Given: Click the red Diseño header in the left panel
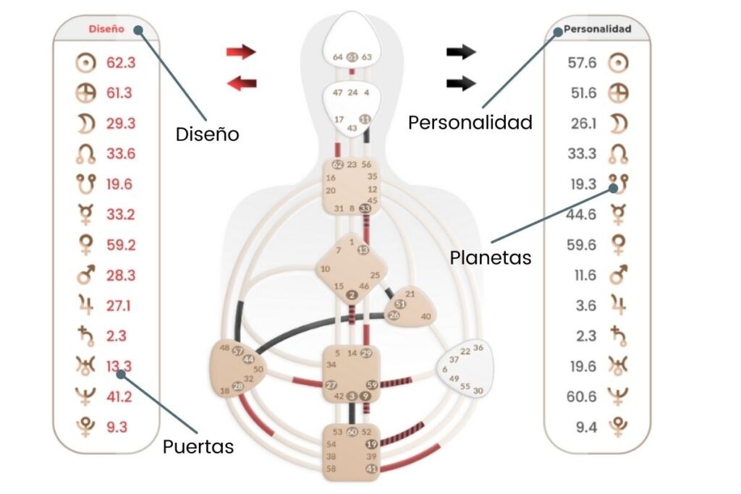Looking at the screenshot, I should click(106, 30).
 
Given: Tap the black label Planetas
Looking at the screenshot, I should click(491, 257).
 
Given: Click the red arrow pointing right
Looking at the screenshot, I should click(241, 51).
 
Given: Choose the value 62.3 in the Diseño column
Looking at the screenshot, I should click(121, 63).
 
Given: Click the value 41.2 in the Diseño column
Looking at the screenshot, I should click(120, 396).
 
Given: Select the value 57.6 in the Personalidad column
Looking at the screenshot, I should click(582, 63).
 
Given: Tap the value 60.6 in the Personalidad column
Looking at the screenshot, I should click(583, 396).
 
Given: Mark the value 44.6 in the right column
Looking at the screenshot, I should click(582, 215).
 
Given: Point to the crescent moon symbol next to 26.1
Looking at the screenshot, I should click(618, 124).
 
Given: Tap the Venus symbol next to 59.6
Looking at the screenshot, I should click(618, 245).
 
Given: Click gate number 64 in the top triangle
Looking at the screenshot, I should click(338, 57).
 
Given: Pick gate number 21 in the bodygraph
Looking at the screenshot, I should click(410, 294).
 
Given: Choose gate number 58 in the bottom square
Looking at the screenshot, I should click(331, 469).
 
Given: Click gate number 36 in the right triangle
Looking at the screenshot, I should click(478, 349).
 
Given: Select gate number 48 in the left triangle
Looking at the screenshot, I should click(225, 348).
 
